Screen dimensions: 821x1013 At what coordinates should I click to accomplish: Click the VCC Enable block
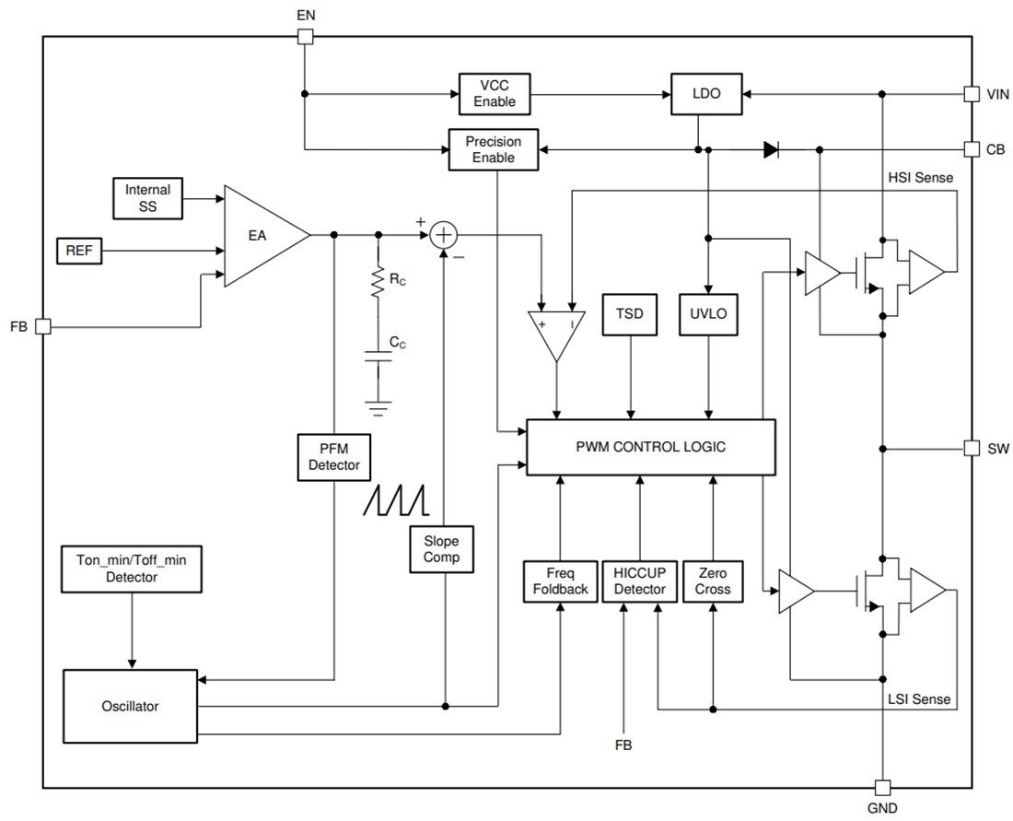[x=495, y=93]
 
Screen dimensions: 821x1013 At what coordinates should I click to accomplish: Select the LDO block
[x=707, y=94]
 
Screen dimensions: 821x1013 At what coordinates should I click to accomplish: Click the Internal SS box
[x=147, y=198]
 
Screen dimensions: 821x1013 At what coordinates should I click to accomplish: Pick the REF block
[x=79, y=250]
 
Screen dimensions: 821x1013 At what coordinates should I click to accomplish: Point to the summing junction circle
[x=444, y=235]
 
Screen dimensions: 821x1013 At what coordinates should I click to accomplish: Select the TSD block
[x=631, y=313]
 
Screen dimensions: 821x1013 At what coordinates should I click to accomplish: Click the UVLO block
[x=707, y=313]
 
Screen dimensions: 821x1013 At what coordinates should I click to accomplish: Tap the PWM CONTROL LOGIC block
[x=650, y=447]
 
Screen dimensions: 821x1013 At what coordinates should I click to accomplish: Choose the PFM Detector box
[x=333, y=457]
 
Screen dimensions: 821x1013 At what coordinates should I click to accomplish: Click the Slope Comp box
[x=441, y=549]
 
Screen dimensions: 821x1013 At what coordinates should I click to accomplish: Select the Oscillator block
[x=130, y=706]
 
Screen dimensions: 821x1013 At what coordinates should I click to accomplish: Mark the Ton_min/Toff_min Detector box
[x=131, y=569]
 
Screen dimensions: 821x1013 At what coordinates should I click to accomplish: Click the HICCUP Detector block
[x=639, y=581]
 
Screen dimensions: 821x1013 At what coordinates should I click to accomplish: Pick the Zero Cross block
[x=713, y=581]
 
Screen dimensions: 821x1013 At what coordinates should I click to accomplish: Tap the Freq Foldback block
[x=560, y=581]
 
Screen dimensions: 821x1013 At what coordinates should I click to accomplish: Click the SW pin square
[x=971, y=448]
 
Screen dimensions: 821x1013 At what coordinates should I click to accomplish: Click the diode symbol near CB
[x=771, y=149]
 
